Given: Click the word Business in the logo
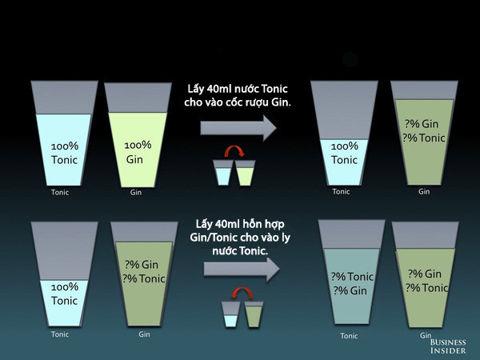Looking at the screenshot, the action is [448, 342].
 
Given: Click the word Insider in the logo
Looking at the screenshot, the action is [448, 350].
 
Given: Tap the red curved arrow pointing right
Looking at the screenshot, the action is [234, 151].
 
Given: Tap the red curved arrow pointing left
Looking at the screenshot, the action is [242, 293].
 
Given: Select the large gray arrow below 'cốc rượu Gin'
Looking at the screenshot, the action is [238, 128].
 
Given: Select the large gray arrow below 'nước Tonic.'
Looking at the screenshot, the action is [242, 270].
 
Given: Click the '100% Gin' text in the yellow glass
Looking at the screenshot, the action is [138, 152].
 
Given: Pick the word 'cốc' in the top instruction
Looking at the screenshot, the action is [232, 102].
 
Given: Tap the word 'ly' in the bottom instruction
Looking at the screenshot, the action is [285, 238].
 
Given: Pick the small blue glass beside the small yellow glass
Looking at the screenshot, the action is [223, 173].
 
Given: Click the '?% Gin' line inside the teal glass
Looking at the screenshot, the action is [350, 290].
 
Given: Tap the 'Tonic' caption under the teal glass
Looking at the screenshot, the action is [349, 336].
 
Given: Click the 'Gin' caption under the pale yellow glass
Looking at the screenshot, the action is [136, 192].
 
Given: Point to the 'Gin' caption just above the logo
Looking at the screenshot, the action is [426, 335].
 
